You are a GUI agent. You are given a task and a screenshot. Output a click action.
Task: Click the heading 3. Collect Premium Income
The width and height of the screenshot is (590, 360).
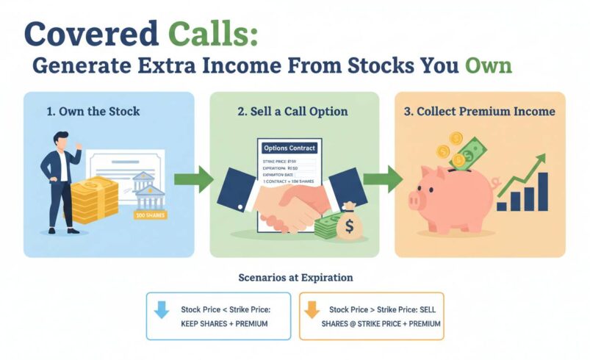point(480,112)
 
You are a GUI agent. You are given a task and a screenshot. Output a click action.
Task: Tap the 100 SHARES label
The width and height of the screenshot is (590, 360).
point(150,215)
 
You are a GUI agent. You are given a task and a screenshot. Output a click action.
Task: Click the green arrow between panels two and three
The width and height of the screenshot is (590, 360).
point(385,179)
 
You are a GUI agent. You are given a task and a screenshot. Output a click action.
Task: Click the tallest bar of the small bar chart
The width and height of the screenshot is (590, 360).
point(544,191)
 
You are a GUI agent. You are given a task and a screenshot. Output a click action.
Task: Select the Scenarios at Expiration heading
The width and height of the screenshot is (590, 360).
point(295,278)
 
